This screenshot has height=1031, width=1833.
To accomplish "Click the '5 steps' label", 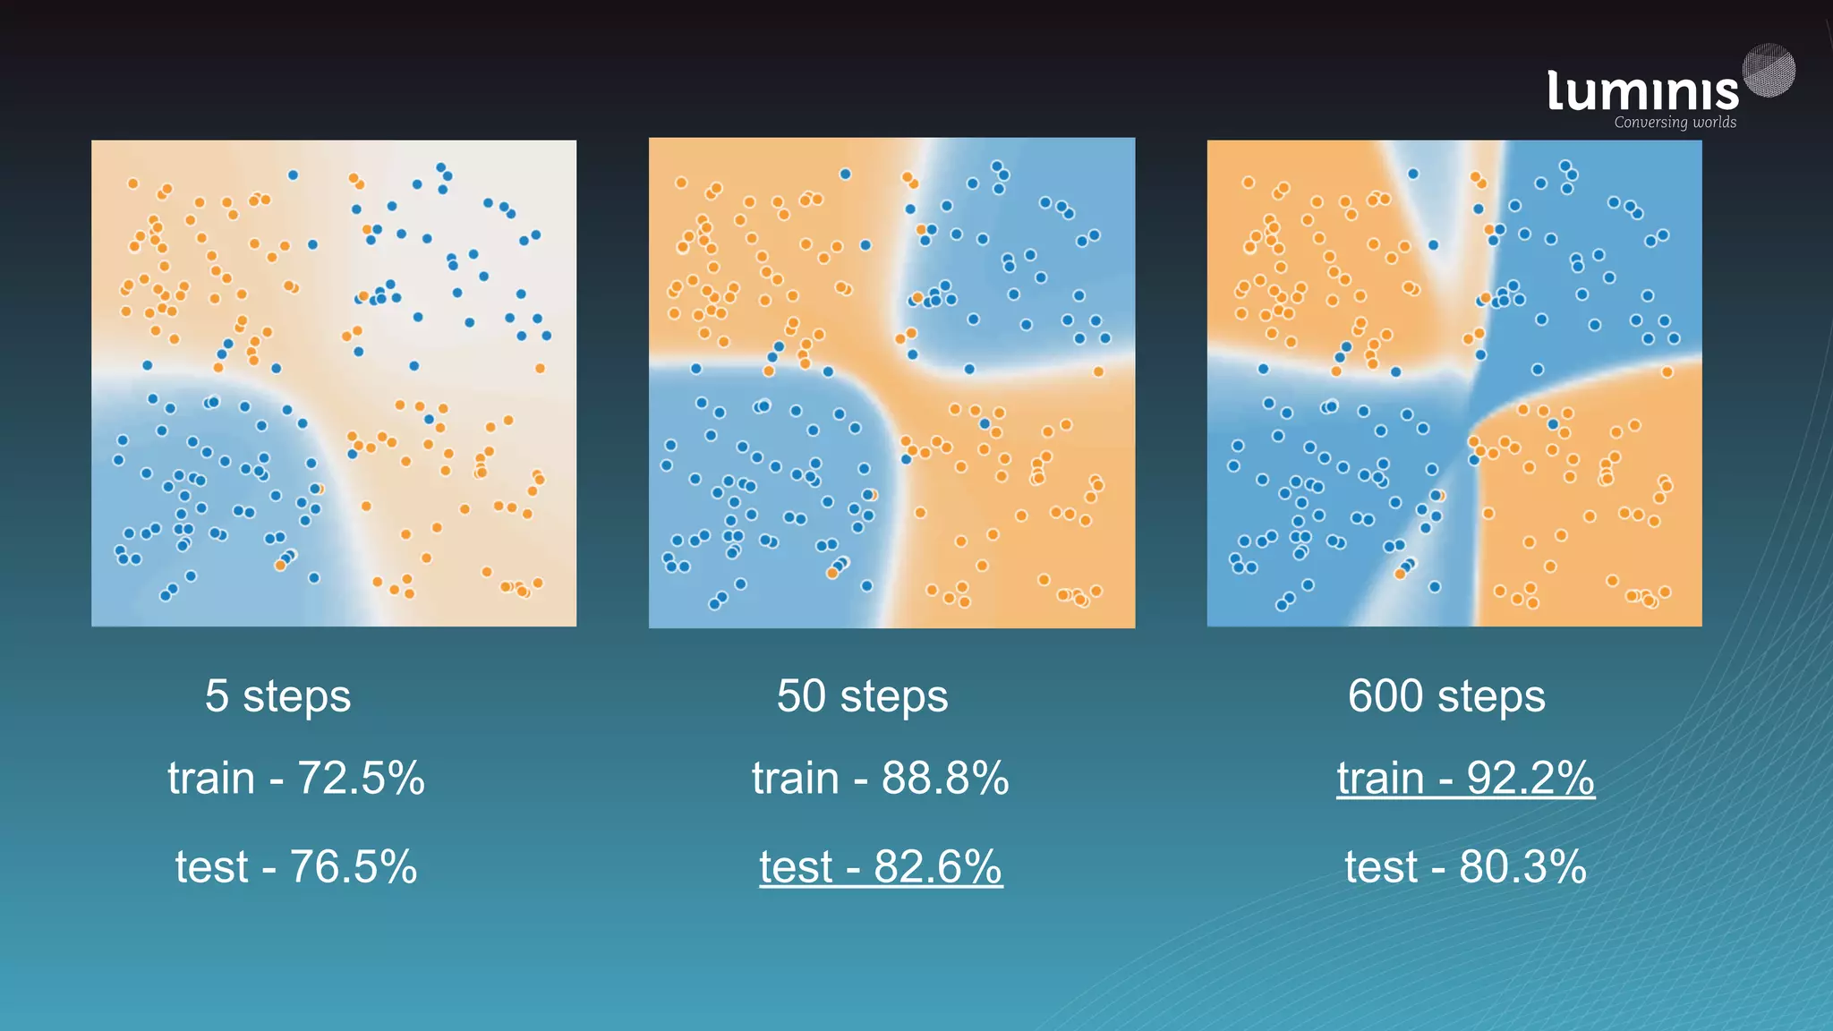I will (277, 696).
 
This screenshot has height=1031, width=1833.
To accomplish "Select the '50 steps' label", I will (862, 696).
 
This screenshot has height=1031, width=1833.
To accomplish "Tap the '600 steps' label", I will (1446, 696).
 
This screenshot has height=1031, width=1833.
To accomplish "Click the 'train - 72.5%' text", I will (296, 778).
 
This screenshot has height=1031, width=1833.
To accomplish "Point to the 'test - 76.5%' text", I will (296, 866).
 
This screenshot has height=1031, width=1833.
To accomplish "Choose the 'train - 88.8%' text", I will (881, 778).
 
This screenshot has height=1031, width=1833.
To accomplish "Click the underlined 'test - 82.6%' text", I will (881, 866).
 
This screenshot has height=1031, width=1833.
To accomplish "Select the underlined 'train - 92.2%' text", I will (1465, 778).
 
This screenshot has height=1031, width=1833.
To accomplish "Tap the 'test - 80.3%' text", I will (1465, 866).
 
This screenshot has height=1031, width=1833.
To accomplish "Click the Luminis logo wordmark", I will (1642, 91).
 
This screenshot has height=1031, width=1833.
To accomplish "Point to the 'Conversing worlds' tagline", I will (1675, 123).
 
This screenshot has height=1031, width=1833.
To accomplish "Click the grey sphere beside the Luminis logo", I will (1769, 70).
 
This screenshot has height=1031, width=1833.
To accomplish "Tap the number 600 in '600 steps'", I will (1385, 696).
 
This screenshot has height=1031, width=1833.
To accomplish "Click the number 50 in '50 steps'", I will (801, 696).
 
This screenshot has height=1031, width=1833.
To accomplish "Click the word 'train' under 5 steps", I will (211, 778).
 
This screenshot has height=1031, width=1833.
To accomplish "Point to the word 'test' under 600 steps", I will (1381, 866).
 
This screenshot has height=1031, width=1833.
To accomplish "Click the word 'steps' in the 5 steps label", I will (297, 696).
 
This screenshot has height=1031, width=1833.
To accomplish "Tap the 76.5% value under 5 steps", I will (354, 866).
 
